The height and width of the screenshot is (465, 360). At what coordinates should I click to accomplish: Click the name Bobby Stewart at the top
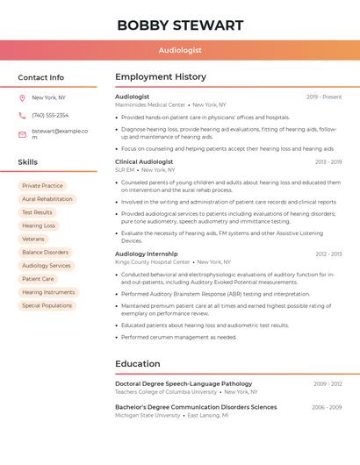click(180, 25)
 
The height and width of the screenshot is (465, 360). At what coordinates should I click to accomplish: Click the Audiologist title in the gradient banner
click(180, 51)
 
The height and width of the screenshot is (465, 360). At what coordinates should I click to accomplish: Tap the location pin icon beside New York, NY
click(22, 97)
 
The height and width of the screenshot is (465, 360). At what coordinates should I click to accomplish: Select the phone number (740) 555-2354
click(50, 115)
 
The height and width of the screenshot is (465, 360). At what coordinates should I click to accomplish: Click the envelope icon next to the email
click(22, 134)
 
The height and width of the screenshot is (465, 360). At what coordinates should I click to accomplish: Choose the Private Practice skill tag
click(42, 186)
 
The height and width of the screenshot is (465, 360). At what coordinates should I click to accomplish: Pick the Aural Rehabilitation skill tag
click(47, 199)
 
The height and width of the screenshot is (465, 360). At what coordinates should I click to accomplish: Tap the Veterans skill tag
click(32, 239)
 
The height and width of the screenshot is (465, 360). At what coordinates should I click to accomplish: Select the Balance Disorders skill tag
click(45, 253)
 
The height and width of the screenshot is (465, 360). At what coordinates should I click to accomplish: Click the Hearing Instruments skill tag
click(48, 292)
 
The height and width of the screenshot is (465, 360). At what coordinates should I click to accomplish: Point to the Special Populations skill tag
click(47, 305)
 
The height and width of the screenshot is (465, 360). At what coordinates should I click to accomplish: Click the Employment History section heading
click(161, 77)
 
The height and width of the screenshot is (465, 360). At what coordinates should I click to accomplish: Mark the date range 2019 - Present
click(324, 97)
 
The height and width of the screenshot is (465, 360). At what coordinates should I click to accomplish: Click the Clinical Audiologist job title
click(144, 162)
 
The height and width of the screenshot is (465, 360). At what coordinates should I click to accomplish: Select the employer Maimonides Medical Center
click(150, 104)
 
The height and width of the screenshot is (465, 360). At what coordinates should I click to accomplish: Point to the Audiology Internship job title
click(147, 254)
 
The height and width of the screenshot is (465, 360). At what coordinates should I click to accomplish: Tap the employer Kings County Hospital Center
click(152, 261)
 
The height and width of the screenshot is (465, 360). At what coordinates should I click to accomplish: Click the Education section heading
click(137, 364)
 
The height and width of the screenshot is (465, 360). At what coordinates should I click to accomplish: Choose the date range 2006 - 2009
click(327, 407)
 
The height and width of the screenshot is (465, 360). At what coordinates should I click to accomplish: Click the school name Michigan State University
click(147, 415)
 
